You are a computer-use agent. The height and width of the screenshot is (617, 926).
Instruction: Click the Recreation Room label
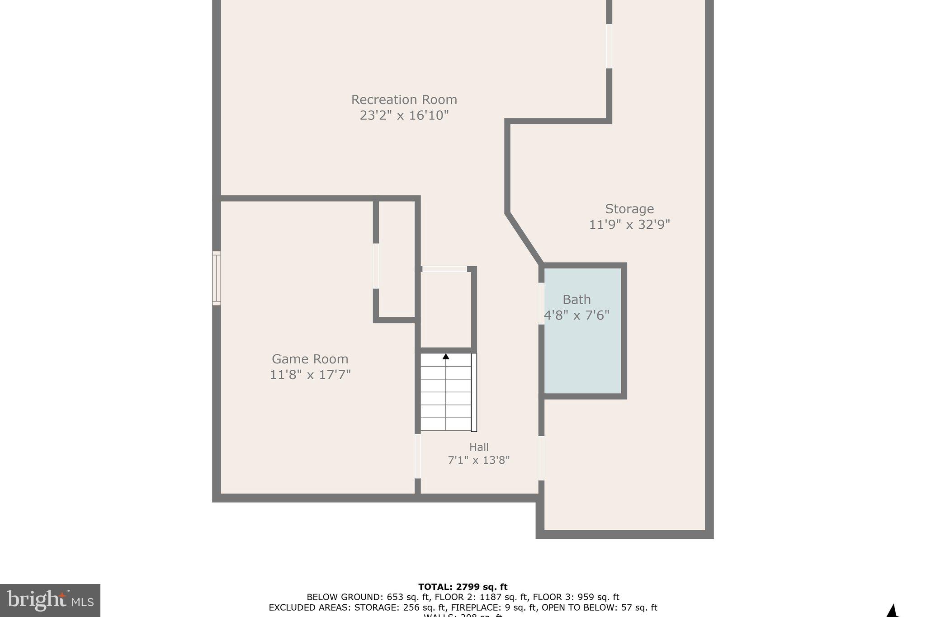click(x=404, y=99)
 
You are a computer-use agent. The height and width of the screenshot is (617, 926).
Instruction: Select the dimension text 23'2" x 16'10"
click(x=404, y=115)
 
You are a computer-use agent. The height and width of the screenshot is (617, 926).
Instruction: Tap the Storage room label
click(x=629, y=209)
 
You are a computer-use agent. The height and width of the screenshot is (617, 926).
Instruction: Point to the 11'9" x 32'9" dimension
click(x=629, y=225)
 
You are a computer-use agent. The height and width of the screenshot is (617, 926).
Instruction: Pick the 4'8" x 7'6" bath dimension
click(x=576, y=315)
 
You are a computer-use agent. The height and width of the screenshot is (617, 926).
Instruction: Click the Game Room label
click(x=310, y=359)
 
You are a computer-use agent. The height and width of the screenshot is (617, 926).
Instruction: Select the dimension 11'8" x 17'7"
click(x=310, y=375)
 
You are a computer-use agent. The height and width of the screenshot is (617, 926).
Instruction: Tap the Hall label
click(x=479, y=447)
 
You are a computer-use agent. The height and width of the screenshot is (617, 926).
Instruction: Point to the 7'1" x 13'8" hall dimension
click(x=479, y=460)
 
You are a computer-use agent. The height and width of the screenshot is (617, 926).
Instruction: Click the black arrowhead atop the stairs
click(x=446, y=357)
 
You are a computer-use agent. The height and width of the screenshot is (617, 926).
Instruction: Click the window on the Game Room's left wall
click(x=217, y=278)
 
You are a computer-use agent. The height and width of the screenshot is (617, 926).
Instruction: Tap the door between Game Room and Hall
click(x=418, y=456)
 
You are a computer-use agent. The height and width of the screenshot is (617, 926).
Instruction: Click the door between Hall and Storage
click(x=541, y=457)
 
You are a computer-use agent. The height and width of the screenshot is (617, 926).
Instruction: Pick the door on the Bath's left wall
click(x=541, y=303)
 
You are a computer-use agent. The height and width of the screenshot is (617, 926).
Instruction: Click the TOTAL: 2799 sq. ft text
click(x=463, y=587)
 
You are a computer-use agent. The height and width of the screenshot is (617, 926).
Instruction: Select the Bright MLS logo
click(x=50, y=600)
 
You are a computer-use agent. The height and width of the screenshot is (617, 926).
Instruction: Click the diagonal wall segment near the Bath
click(x=524, y=239)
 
